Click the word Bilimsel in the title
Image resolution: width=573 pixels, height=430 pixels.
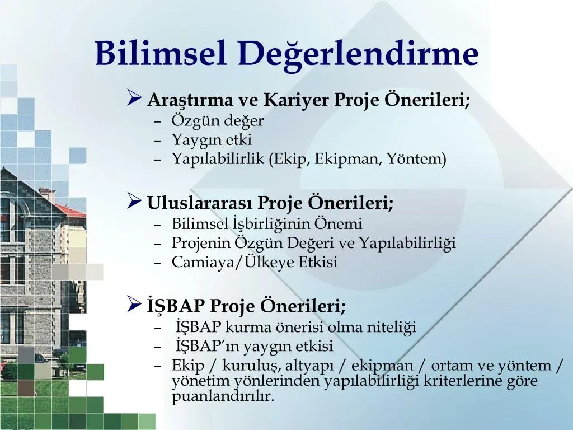[x=161, y=53]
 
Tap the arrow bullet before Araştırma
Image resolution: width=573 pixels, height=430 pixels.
[x=134, y=97]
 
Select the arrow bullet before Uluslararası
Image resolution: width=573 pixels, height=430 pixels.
[x=134, y=201]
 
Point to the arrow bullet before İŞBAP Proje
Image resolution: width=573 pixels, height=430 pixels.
[x=134, y=304]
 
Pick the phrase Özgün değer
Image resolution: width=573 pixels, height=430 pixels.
[x=218, y=121]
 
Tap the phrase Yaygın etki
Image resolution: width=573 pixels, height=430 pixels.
[x=212, y=140]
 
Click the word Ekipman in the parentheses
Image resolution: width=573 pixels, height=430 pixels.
[x=347, y=160]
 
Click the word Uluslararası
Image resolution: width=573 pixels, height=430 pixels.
[x=199, y=203]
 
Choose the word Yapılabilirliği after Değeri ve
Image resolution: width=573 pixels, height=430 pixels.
[x=407, y=244]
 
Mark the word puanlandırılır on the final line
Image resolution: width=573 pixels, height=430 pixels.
[x=223, y=396]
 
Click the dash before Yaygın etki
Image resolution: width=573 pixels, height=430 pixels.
[x=158, y=141]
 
